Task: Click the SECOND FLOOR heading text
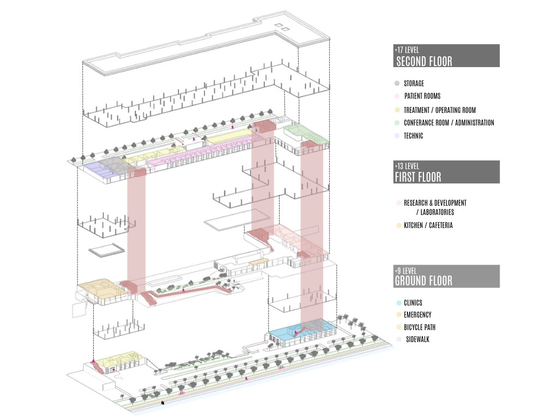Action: (424, 61)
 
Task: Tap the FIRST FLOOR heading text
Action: (418, 177)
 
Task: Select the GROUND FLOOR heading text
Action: (423, 281)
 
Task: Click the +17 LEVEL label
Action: (407, 50)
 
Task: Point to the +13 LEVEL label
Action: (407, 166)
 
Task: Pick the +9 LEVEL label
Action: (405, 271)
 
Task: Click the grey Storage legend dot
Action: (397, 83)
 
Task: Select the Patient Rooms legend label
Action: (422, 96)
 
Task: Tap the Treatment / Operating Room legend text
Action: (440, 110)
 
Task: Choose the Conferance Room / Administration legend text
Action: (449, 123)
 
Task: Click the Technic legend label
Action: (414, 136)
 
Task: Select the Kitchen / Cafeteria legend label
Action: (428, 225)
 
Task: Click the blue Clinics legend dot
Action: (399, 303)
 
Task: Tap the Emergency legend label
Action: (417, 315)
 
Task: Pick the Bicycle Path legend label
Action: (420, 327)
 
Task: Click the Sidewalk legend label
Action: (418, 339)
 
